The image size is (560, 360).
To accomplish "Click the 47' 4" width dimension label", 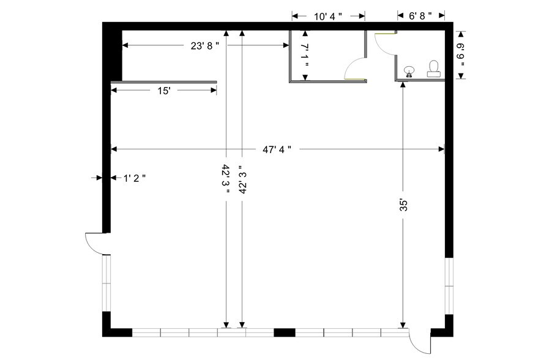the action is [277, 149].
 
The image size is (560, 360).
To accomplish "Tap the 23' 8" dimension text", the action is [204, 46].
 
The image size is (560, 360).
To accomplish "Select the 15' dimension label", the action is [164, 91].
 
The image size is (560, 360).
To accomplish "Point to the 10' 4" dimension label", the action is [328, 17].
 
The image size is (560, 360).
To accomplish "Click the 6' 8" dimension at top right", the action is [420, 16].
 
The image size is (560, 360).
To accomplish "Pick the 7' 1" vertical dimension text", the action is [305, 55].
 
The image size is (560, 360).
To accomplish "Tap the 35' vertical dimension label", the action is [403, 205].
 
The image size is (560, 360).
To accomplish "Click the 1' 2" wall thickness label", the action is [134, 178].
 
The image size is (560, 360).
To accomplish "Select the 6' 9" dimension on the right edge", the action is [461, 54].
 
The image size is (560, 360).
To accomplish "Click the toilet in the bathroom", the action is [433, 69].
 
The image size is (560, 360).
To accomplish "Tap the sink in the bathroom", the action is [409, 72].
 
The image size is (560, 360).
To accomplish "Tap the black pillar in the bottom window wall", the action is [285, 333].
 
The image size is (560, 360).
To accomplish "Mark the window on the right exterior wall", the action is [449, 286].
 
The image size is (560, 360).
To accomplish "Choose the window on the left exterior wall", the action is [106, 283].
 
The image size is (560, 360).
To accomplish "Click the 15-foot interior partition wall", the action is [163, 82].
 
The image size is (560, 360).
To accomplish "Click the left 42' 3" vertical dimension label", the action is [226, 179].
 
